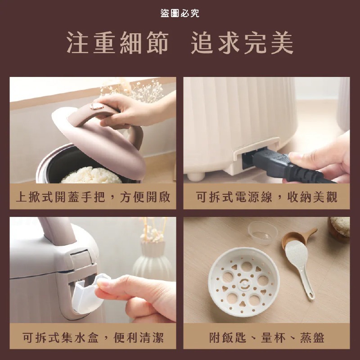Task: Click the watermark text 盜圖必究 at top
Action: (x=180, y=13)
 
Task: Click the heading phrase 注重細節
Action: (x=117, y=44)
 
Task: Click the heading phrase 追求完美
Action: (x=242, y=44)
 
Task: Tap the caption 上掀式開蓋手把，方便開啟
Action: (x=93, y=197)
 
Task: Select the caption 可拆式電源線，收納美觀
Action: (x=266, y=197)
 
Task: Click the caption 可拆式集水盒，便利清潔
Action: (x=93, y=337)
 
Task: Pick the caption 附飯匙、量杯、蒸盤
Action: (x=266, y=337)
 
